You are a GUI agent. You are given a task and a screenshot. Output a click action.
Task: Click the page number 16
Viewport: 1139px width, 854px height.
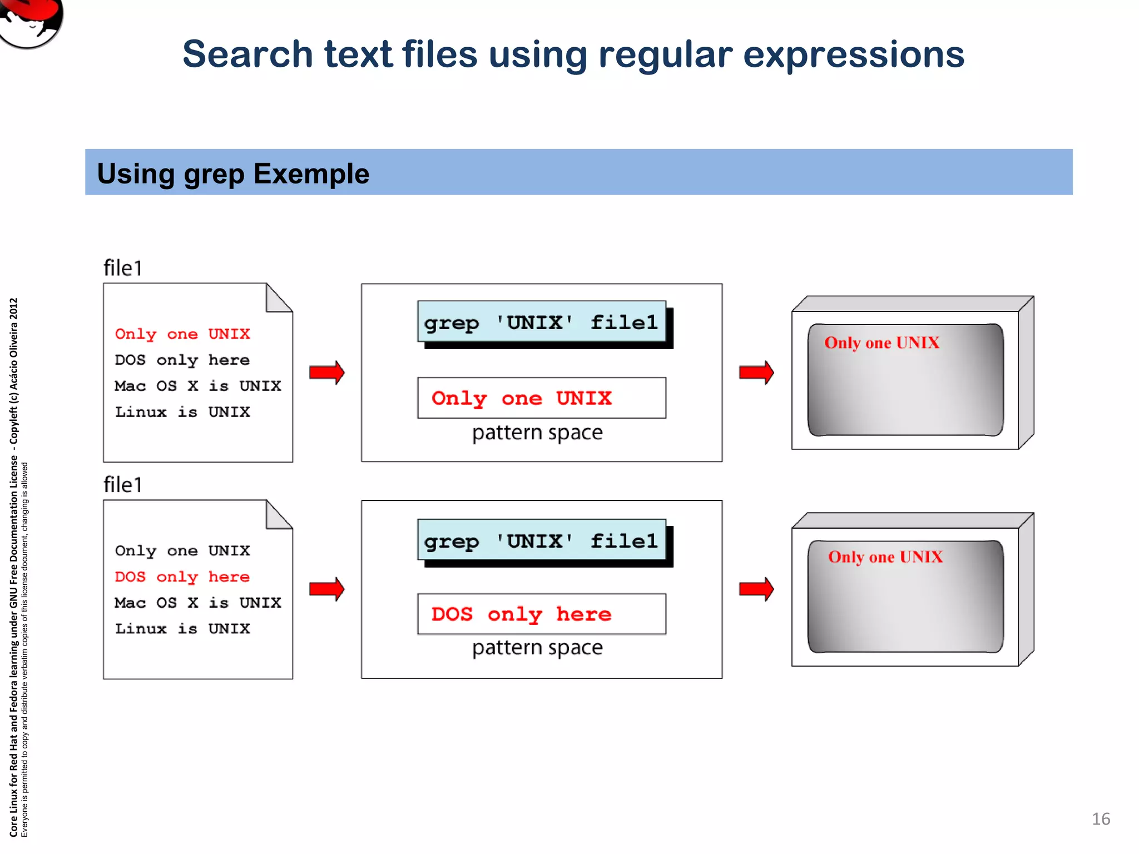coord(1101,819)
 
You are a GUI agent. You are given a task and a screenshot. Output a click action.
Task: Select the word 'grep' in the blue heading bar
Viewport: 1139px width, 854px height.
coord(214,174)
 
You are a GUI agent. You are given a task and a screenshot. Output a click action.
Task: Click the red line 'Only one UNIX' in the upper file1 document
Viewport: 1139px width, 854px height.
coord(182,334)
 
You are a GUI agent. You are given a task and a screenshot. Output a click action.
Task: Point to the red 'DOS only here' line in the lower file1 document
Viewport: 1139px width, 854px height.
coord(182,577)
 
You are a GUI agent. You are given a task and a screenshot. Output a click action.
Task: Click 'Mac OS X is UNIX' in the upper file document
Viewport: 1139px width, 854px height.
coord(197,386)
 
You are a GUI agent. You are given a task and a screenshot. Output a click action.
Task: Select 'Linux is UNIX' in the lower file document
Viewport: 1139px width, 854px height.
coord(182,629)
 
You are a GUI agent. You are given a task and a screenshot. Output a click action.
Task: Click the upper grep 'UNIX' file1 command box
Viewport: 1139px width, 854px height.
coord(541,322)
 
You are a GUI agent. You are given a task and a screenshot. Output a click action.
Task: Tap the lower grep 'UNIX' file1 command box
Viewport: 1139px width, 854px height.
coord(541,541)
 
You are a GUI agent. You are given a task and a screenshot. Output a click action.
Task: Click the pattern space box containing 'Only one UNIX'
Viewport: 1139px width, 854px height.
coord(541,398)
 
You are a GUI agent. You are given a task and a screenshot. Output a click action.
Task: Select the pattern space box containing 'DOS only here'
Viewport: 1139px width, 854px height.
coord(541,614)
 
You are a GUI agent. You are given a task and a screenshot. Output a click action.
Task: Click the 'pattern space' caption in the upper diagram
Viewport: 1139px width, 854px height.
coord(537,433)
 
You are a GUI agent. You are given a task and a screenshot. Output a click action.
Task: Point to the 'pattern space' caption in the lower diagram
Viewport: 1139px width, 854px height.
coord(537,648)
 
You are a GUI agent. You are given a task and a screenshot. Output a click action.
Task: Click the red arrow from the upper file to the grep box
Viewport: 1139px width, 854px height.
coord(327,373)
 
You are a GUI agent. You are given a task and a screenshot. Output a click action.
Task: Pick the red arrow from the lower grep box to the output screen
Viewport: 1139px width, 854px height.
coord(756,589)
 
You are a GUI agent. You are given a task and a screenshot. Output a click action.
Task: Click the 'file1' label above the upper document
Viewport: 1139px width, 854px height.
coord(123,269)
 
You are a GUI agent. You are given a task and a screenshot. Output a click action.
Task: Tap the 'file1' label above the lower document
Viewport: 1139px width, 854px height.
coord(123,485)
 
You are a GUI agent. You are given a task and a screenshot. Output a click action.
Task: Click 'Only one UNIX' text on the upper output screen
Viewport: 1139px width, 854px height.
coord(882,343)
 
